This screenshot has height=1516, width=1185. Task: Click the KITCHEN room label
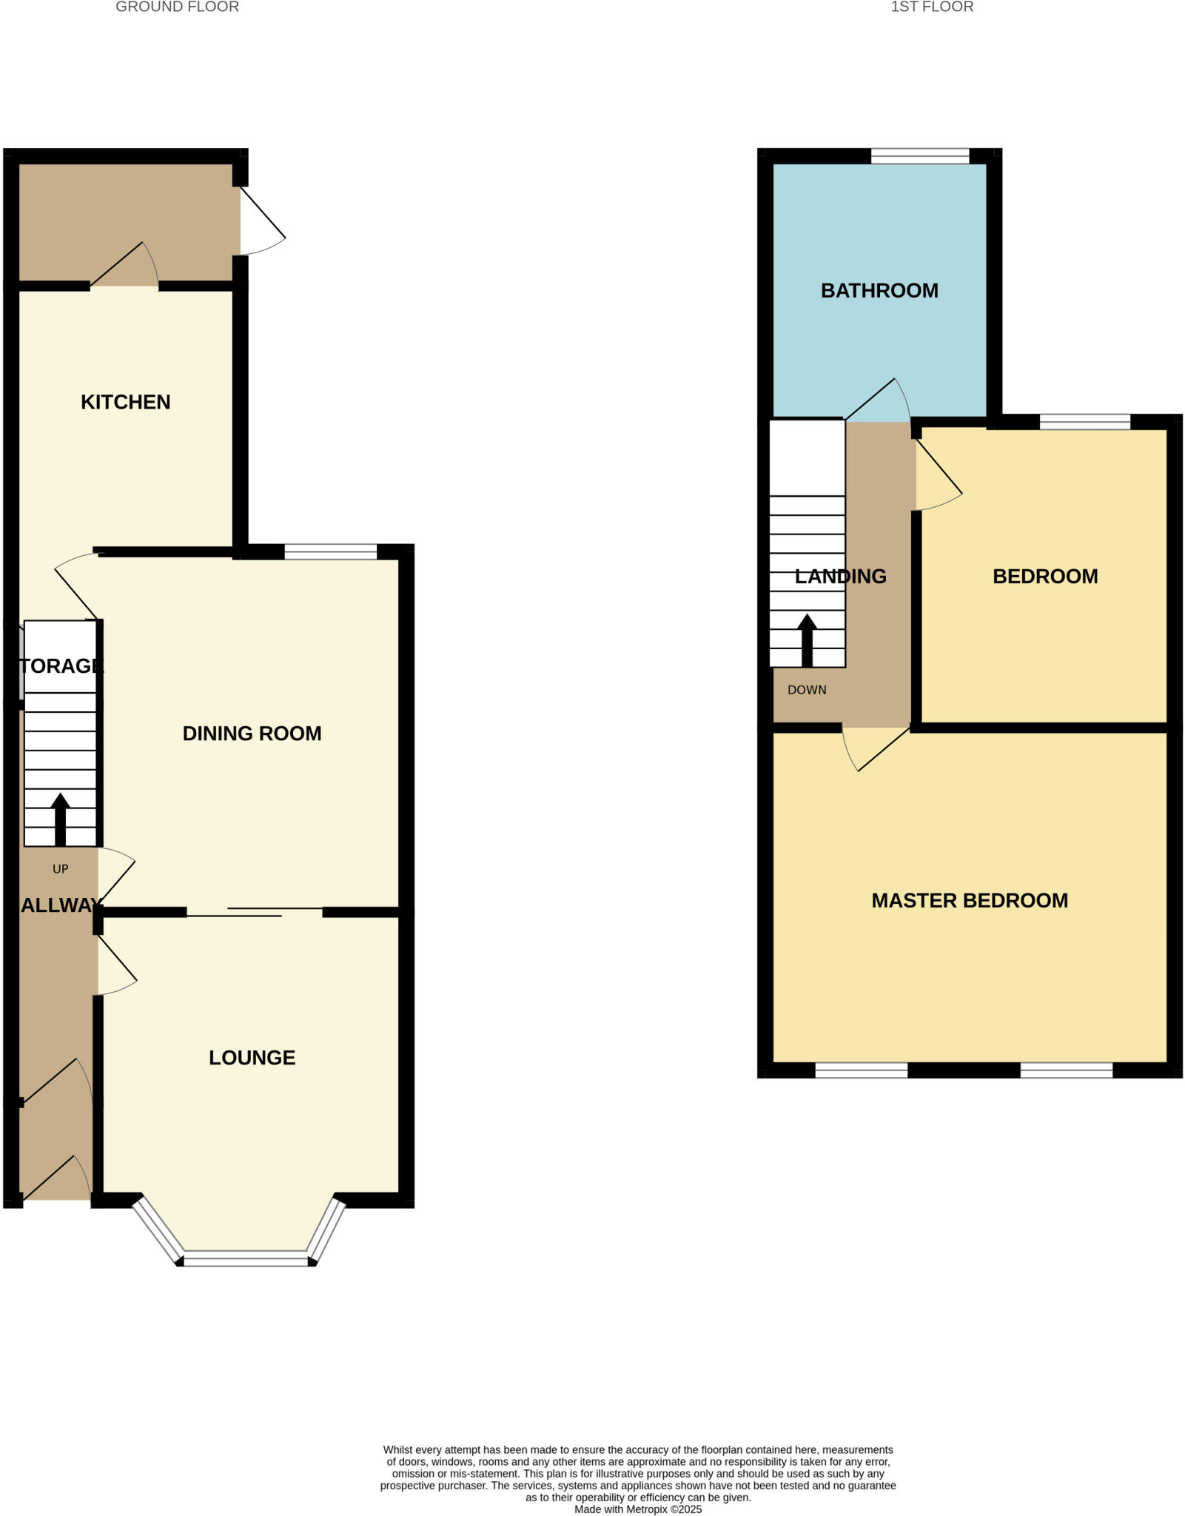[125, 402]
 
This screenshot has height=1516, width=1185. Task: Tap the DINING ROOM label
[252, 733]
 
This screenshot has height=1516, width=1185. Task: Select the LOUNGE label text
[252, 1058]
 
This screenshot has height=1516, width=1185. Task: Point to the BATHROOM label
[879, 290]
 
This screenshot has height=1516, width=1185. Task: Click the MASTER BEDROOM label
[970, 900]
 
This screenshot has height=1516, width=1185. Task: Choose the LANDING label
[840, 576]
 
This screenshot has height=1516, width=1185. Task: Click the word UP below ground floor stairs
[60, 869]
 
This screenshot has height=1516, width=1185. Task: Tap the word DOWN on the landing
[807, 690]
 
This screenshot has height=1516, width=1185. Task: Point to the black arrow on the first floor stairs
[807, 639]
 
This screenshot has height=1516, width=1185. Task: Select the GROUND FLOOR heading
[177, 7]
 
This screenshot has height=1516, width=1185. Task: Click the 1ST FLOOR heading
[932, 7]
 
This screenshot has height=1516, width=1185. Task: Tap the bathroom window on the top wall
[920, 156]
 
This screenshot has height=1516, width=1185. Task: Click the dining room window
[331, 551]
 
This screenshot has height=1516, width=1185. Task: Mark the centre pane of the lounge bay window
[246, 1258]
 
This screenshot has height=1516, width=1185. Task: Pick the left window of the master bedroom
[862, 1070]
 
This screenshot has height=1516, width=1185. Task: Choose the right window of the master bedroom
[1066, 1070]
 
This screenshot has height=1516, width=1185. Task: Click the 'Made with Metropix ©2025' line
[637, 1509]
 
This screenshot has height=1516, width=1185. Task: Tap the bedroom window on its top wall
[1085, 422]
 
